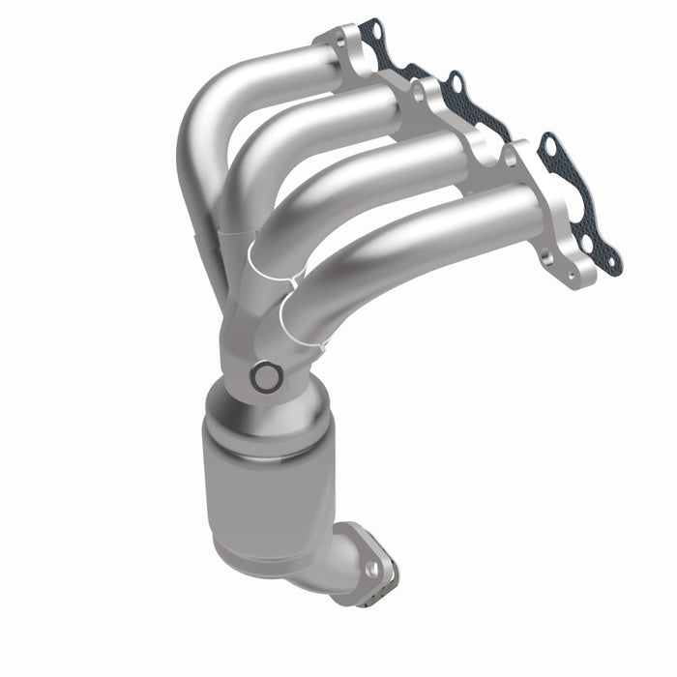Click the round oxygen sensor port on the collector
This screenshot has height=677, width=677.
tap(263, 377)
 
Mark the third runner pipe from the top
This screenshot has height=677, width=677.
tap(377, 174)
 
